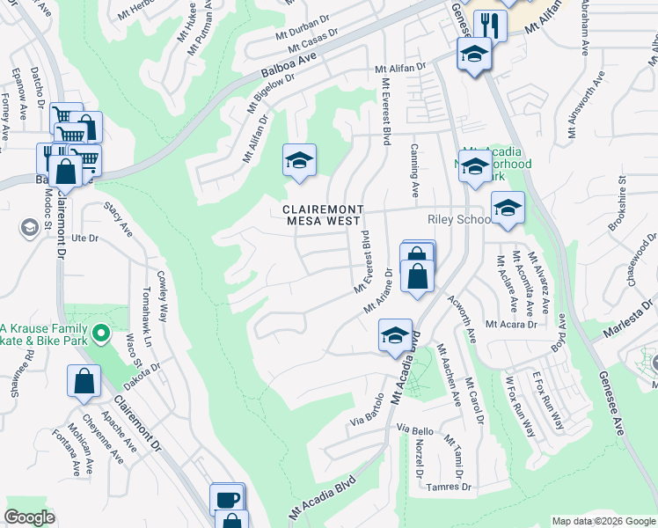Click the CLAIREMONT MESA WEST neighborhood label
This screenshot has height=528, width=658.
pos(322,215)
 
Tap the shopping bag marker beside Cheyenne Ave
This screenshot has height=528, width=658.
pos(84,382)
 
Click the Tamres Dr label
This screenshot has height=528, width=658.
pos(450,487)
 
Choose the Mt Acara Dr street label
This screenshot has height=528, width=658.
pos(511,325)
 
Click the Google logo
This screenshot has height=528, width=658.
pos(30,517)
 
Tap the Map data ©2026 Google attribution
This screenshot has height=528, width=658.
pos(603,521)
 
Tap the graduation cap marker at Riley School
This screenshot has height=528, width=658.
pos(508,208)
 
